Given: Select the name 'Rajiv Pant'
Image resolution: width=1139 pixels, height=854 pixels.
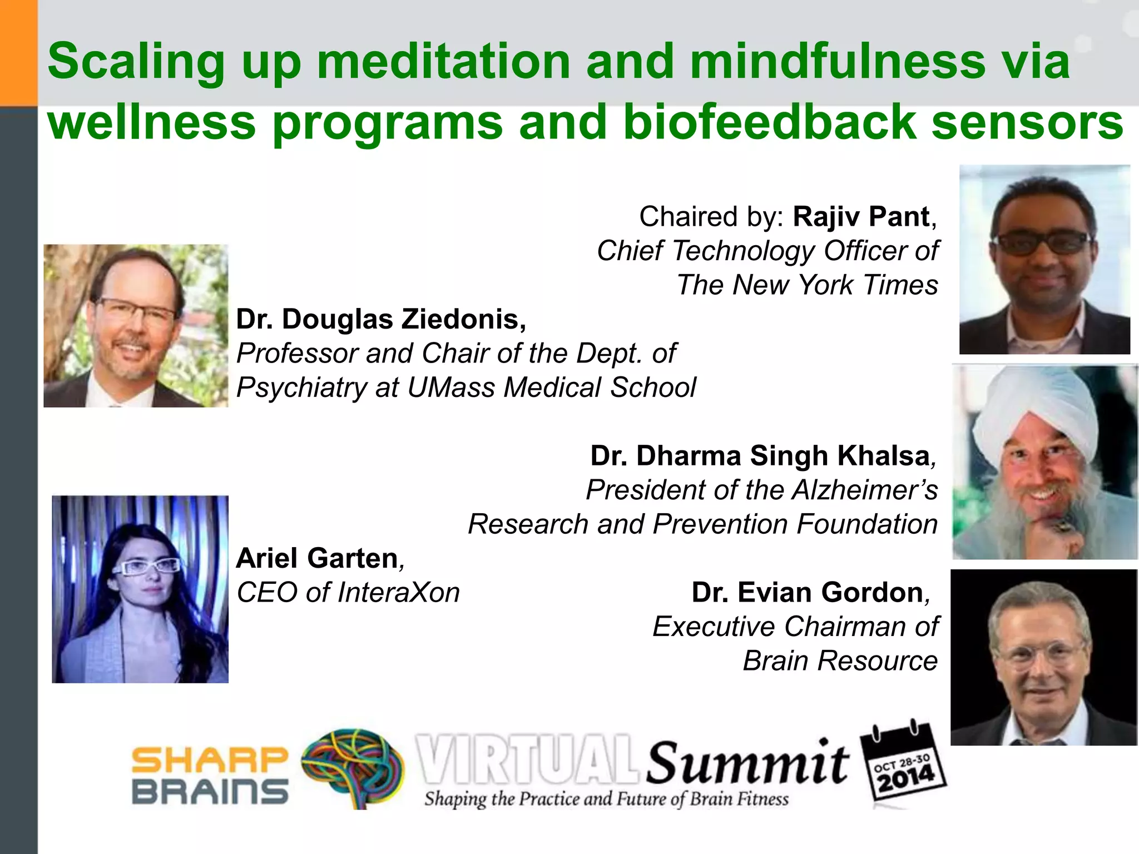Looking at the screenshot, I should point(861,216).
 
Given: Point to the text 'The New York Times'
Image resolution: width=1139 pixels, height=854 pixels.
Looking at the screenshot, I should point(807,285).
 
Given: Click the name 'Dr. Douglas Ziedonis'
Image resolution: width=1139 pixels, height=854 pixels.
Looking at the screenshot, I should point(381,319).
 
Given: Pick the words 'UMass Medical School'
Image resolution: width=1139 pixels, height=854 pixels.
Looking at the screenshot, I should point(551,388).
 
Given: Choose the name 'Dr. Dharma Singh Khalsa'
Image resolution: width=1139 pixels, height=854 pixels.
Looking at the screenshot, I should point(760,456).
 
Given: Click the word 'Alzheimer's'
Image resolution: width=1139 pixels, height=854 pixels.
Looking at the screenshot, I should point(865,490).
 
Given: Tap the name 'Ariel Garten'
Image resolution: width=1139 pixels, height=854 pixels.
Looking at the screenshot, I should point(317,558).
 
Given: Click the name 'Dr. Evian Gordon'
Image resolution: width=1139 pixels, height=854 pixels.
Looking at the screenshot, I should point(808,593).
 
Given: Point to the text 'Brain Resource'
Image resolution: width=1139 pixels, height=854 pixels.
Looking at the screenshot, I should point(840,661).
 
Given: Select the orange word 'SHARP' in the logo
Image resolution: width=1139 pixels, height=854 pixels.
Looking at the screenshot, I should point(210,760).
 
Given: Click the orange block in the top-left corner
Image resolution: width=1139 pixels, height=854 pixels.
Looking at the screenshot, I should point(18,53).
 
